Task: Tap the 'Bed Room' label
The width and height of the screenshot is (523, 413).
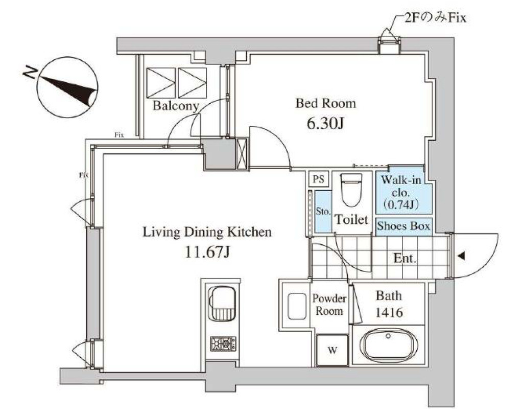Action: [x=326, y=104]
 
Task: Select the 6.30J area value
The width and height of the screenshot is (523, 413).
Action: [x=325, y=124]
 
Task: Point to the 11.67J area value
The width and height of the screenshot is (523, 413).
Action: [x=206, y=253]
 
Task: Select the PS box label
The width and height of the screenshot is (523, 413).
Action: [x=319, y=179]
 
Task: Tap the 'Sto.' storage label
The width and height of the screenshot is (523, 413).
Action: [x=323, y=211]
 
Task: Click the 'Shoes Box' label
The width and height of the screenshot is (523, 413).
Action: [x=403, y=226]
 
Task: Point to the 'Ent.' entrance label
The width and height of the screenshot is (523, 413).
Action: [x=405, y=259]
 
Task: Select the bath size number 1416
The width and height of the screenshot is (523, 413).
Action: [x=389, y=312]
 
